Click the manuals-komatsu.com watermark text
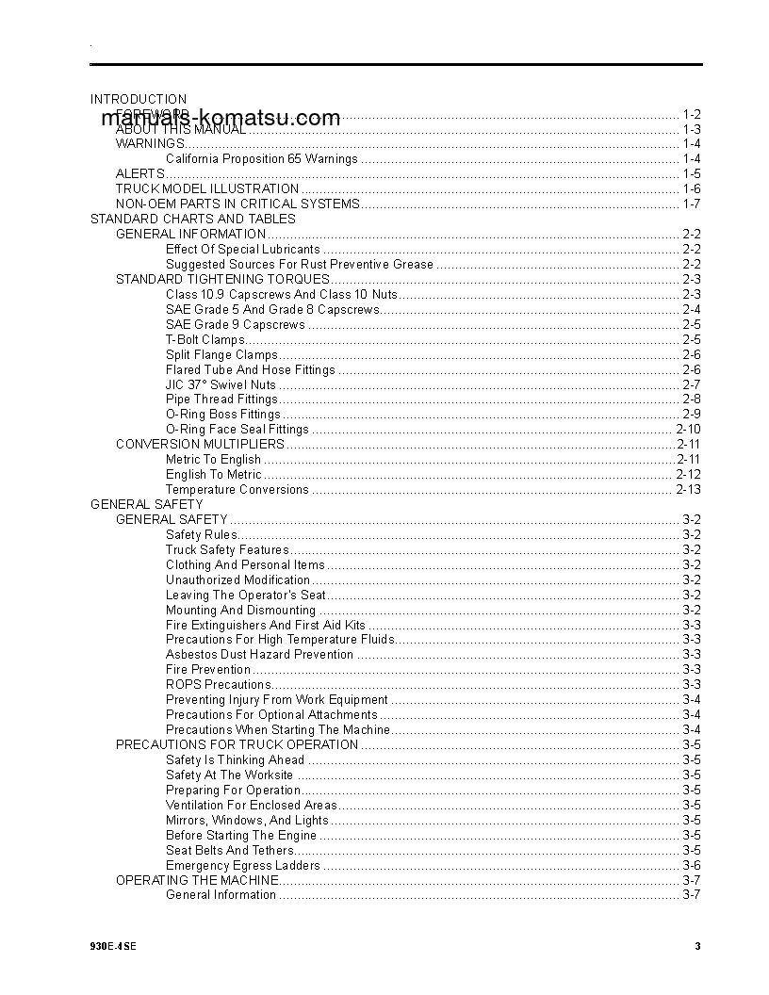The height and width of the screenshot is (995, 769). click(220, 118)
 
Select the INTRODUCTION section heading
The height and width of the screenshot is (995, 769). click(139, 99)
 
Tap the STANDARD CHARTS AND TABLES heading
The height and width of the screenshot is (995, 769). click(192, 219)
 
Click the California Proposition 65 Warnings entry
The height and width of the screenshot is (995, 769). click(261, 158)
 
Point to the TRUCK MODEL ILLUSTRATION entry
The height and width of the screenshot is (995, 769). click(207, 188)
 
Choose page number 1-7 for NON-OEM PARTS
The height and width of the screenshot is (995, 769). click(691, 204)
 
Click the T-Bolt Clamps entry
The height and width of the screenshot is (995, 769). click(205, 339)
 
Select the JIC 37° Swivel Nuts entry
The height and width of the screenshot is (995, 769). click(221, 384)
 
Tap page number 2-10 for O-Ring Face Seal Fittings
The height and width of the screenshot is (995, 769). click(688, 430)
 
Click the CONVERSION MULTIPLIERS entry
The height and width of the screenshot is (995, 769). click(200, 444)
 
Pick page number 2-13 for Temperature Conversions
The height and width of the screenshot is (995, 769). click(688, 490)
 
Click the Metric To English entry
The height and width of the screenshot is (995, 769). click(213, 460)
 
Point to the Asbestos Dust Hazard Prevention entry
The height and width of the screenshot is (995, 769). click(259, 655)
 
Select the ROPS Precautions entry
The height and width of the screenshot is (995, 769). click(218, 685)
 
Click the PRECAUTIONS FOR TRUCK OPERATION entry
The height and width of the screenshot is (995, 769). click(237, 744)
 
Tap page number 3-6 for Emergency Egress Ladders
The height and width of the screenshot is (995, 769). click(691, 865)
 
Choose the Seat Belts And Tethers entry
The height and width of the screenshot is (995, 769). click(230, 850)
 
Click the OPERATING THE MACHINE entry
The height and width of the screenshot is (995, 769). click(197, 880)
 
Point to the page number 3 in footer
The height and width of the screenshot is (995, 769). click(697, 947)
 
